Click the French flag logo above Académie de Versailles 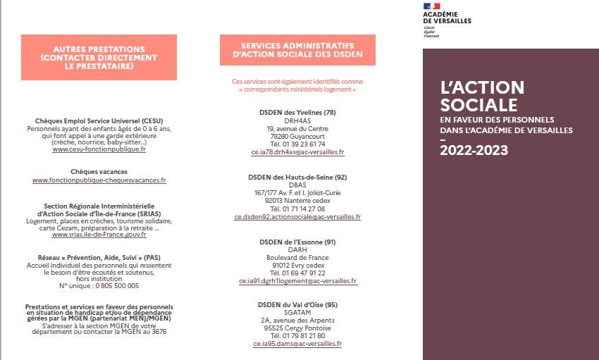point(432,6)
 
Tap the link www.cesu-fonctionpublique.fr point(99,149)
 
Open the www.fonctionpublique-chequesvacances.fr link point(99,180)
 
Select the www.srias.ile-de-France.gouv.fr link point(99,234)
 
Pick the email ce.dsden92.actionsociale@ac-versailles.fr point(297,217)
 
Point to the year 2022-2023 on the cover point(474,150)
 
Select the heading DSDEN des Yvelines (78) point(297,113)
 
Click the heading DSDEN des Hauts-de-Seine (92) point(297,177)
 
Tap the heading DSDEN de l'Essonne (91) point(297,242)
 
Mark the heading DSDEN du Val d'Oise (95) point(297,304)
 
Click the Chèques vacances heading point(99,171)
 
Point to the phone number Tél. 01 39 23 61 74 point(297,144)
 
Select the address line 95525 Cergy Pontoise point(297,328)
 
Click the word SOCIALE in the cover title point(478,105)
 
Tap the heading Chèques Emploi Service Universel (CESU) point(99,121)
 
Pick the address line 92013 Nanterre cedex point(297,200)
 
